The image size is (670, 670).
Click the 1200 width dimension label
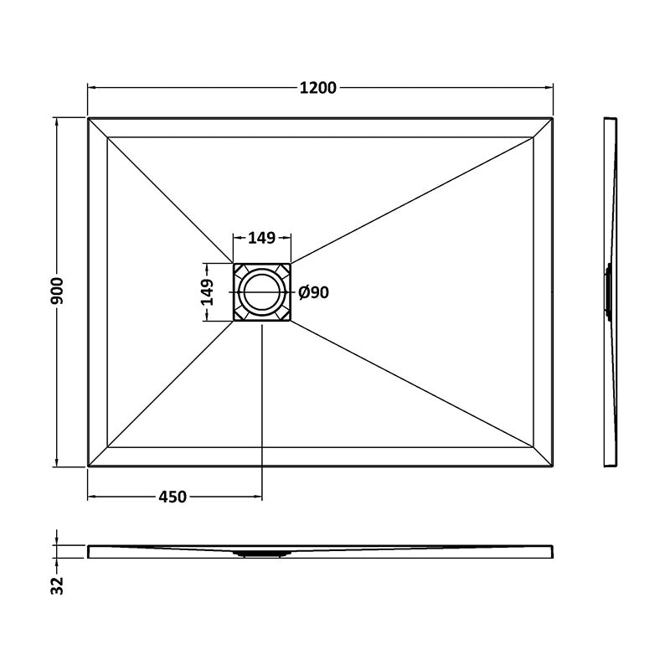pos(317,88)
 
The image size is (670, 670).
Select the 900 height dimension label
pos(57,291)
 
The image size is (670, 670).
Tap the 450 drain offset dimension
pos(173,497)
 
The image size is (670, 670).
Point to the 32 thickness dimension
pos(57,585)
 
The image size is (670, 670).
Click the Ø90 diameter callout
pos(313,292)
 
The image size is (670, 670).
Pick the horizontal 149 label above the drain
pos(262,238)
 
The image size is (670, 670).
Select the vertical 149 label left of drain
pos(207,291)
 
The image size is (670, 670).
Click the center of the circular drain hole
pos(262,292)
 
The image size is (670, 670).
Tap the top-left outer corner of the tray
pos(88,118)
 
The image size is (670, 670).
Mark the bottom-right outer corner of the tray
pos(553,466)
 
